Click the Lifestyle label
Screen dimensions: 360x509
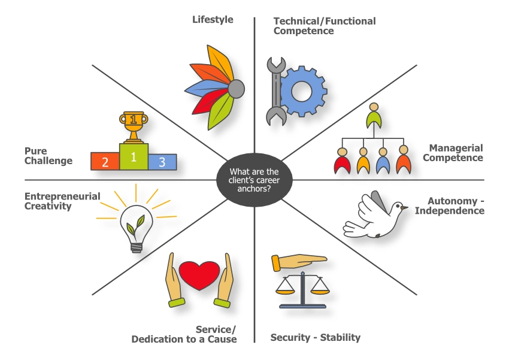coord(213,20)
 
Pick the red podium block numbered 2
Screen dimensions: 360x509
coord(105,161)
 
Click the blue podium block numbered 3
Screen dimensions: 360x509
coord(162,161)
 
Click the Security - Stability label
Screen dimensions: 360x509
coord(316,337)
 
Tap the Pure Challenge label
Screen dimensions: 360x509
coord(48,156)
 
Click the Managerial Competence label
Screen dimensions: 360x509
coord(456,153)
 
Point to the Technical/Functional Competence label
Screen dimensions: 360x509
coord(325,25)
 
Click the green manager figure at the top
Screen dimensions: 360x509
coord(374,117)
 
